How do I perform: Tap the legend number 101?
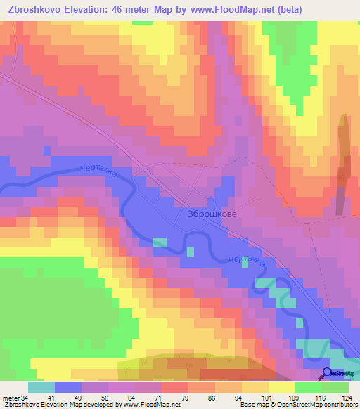pyautogui.click(x=268, y=397)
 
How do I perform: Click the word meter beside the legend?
pyautogui.click(x=11, y=397)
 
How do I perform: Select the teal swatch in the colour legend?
pyautogui.click(x=41, y=387)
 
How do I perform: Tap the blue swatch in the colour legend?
pyautogui.click(x=67, y=387)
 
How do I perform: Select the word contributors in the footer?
pyautogui.click(x=341, y=405)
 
